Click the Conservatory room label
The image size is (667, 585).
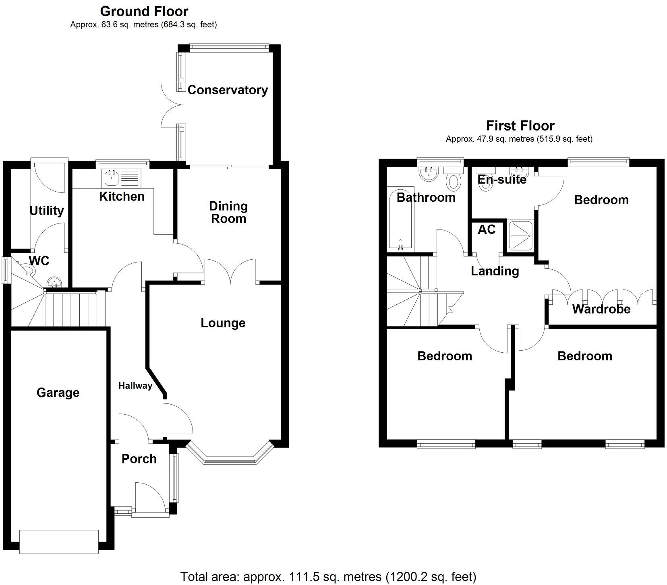tap(228, 90)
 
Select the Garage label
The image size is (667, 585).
tap(58, 393)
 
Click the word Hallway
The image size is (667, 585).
tap(135, 386)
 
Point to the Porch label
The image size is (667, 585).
tap(139, 459)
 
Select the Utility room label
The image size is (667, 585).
tap(47, 211)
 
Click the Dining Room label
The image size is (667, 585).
tap(228, 212)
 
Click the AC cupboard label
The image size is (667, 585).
tap(487, 229)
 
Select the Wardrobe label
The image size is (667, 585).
tap(601, 309)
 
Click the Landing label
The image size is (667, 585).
tap(495, 271)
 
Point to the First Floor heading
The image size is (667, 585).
tap(520, 126)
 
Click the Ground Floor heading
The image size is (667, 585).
tap(144, 11)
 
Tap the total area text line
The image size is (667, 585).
tap(328, 577)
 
